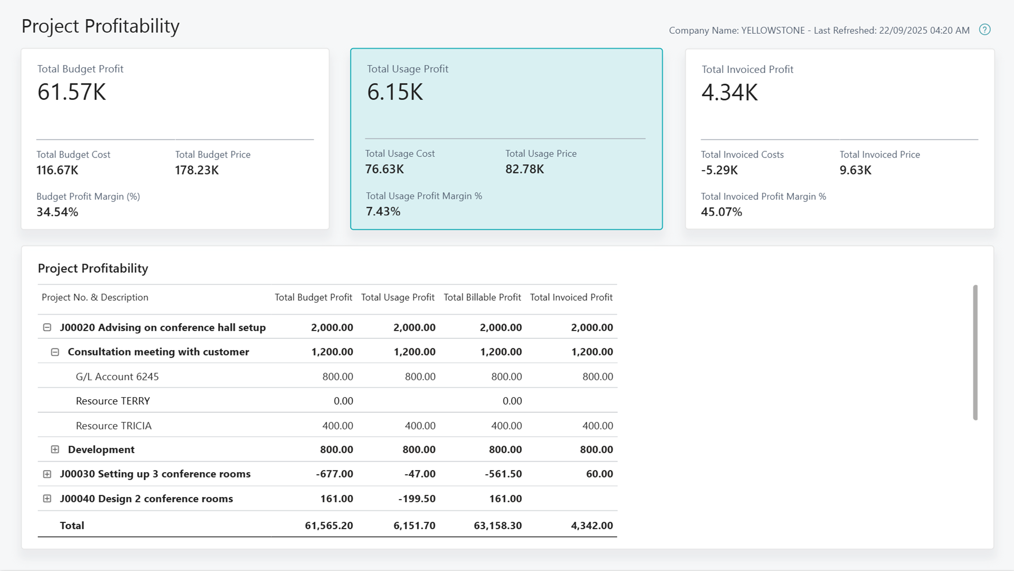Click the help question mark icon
tap(984, 30)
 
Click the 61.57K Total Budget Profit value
tap(72, 92)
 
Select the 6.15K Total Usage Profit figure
tap(395, 92)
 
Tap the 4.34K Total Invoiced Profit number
tap(729, 93)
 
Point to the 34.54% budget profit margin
tap(57, 212)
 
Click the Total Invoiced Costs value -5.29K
tap(719, 170)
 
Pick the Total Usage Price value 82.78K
tap(524, 169)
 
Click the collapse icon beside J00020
tap(47, 327)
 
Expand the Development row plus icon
tap(55, 449)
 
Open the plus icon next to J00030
tap(47, 474)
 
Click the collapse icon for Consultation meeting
tap(55, 352)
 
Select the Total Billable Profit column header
tap(482, 297)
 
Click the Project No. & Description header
tap(95, 297)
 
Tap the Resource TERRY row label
tap(113, 401)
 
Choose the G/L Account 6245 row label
tap(117, 376)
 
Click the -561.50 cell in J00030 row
tap(503, 474)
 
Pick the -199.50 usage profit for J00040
tap(417, 499)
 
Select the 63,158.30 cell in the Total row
tap(497, 526)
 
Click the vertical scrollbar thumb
tap(975, 352)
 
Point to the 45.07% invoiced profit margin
tap(721, 212)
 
